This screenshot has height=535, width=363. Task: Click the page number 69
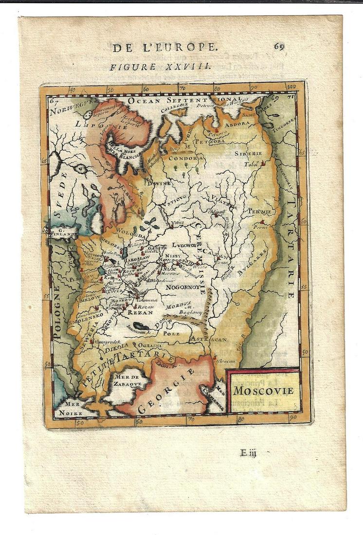coord(279,46)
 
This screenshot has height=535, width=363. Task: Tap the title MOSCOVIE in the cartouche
coord(263,390)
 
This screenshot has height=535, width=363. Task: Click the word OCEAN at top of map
coord(145,100)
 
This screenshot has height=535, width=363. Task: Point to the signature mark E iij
coord(248,453)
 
